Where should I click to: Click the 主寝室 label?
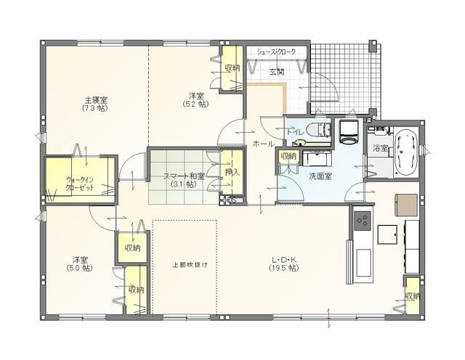pyautogui.click(x=96, y=99)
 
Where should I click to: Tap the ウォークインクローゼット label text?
pyautogui.click(x=79, y=182)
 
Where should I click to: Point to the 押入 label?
pyautogui.click(x=232, y=172)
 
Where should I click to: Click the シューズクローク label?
pyautogui.click(x=277, y=52)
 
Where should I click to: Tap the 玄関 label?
pyautogui.click(x=277, y=71)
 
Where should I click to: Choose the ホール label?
pyautogui.click(x=262, y=144)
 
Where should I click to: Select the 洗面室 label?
pyautogui.click(x=320, y=176)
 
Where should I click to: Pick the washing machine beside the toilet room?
pyautogui.click(x=347, y=131)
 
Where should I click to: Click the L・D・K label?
pyautogui.click(x=284, y=259)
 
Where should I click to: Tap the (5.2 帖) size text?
pyautogui.click(x=195, y=105)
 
